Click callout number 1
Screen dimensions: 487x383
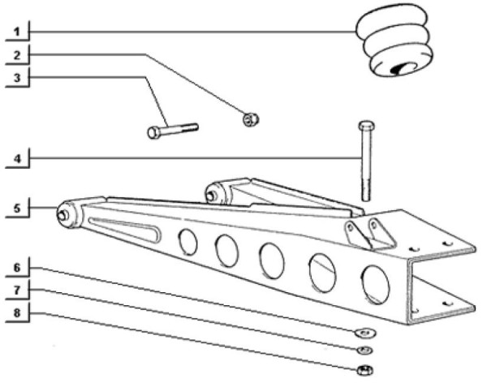click(17, 32)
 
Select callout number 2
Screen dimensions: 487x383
click(17, 55)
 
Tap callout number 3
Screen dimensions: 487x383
click(17, 78)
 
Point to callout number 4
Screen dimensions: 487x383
click(17, 159)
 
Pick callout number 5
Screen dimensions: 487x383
click(17, 208)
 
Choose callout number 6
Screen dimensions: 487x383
click(17, 268)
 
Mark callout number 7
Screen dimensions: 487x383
click(17, 290)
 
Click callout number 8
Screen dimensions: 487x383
click(17, 312)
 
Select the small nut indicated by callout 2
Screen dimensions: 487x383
click(250, 119)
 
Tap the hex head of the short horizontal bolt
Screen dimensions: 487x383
click(154, 132)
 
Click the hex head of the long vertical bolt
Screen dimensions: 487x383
click(367, 126)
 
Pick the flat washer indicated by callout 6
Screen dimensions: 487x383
click(365, 333)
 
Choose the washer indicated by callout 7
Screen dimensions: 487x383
click(365, 350)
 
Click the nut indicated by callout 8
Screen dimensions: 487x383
click(365, 370)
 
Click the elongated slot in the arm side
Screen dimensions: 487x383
click(125, 230)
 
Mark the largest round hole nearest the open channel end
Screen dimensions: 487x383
click(376, 285)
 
